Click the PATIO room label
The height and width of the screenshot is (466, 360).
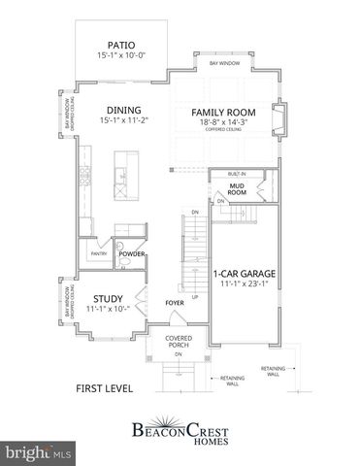121,44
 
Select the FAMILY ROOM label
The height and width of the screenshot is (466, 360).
222,113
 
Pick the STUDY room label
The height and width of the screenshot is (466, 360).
106,299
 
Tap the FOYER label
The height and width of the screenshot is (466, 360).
175,303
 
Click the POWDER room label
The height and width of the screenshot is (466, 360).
132,254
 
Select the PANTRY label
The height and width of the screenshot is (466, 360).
99,254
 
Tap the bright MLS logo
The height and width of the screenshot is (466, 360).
38,453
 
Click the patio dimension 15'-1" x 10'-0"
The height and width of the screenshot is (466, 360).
121,56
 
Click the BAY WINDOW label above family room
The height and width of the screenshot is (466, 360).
224,63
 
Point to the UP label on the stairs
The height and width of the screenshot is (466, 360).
194,297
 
